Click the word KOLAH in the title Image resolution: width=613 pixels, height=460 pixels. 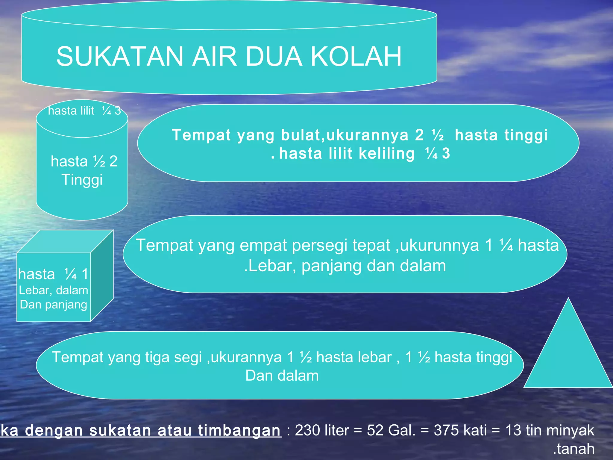click(356, 57)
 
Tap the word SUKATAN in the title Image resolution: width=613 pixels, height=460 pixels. click(120, 57)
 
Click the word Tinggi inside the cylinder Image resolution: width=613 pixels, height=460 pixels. click(82, 180)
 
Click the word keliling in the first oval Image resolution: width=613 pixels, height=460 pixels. click(386, 154)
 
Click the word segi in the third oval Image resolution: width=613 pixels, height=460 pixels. click(188, 358)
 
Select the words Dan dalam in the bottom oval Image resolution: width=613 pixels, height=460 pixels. click(282, 376)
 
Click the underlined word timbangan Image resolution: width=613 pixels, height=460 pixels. click(239, 431)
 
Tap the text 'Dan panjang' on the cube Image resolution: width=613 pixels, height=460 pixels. click(54, 305)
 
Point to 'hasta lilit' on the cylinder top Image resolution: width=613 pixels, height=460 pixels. click(71, 111)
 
